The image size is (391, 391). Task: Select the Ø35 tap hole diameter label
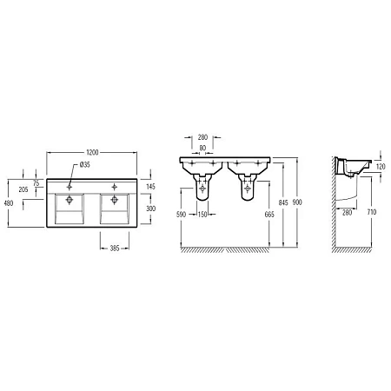point(85,164)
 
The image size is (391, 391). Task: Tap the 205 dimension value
point(24,189)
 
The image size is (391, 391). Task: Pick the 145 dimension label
point(150,187)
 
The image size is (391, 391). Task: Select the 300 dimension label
point(150,209)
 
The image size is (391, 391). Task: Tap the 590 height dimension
point(182,214)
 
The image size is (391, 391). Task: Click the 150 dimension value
point(202,214)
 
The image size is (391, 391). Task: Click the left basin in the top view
point(69,208)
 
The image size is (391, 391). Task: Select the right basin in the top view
point(116,208)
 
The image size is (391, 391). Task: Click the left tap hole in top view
point(69,183)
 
